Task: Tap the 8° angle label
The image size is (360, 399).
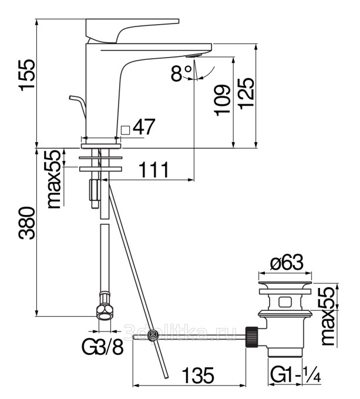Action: [x=181, y=73]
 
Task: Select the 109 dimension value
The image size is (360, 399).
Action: [x=222, y=100]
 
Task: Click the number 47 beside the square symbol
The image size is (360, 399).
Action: [x=144, y=128]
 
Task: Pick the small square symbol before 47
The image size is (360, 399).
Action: [x=125, y=129]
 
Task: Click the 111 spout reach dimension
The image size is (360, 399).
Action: [x=154, y=170]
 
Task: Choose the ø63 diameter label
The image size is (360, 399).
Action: [x=287, y=264]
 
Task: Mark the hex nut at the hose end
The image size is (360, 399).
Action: [x=104, y=311]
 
